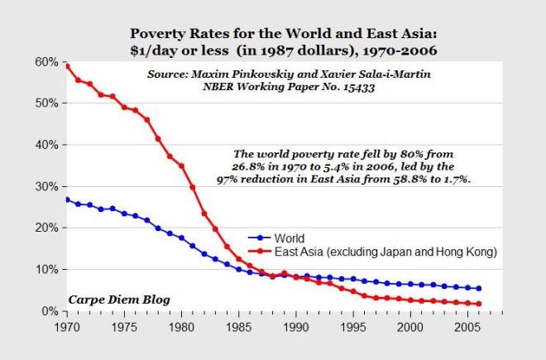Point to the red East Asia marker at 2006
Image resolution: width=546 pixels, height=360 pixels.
tap(478, 304)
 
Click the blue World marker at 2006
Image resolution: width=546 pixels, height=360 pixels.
tap(478, 289)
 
